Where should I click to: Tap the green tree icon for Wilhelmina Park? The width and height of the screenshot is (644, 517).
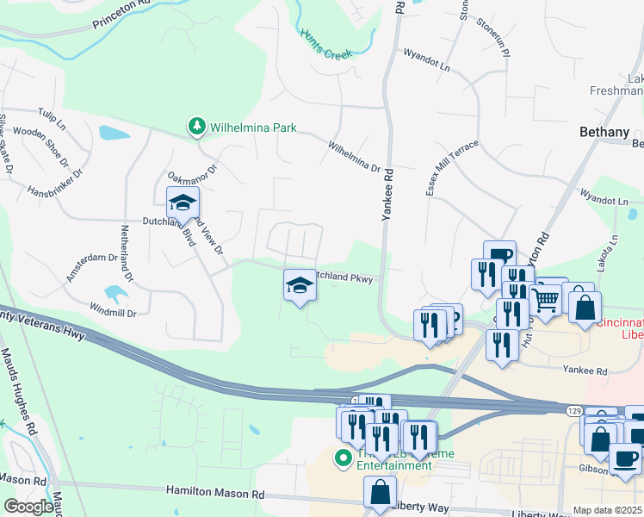[x=197, y=128]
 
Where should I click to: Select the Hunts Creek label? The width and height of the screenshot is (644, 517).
[x=326, y=44]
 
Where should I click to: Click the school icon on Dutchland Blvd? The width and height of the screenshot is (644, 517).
[x=183, y=203]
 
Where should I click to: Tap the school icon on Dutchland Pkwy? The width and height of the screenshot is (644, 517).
[x=299, y=284]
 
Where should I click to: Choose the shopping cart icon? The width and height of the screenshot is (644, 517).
[x=545, y=299]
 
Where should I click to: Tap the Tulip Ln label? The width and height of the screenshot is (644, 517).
[x=52, y=116]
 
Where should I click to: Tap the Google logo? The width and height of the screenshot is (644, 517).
[x=28, y=507]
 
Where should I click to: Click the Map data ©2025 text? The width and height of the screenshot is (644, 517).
[x=608, y=510]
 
